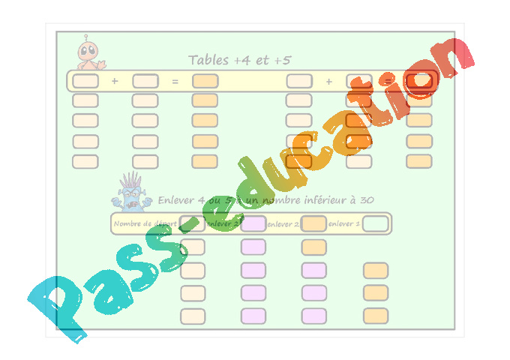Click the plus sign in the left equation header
(115, 81)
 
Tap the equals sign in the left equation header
(175, 81)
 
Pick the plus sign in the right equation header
(328, 81)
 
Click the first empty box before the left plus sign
(85, 81)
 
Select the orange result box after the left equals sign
(205, 81)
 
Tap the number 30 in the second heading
(366, 200)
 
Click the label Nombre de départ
(145, 223)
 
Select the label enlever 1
(343, 223)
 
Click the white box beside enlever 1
(376, 223)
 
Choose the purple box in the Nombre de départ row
(253, 223)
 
